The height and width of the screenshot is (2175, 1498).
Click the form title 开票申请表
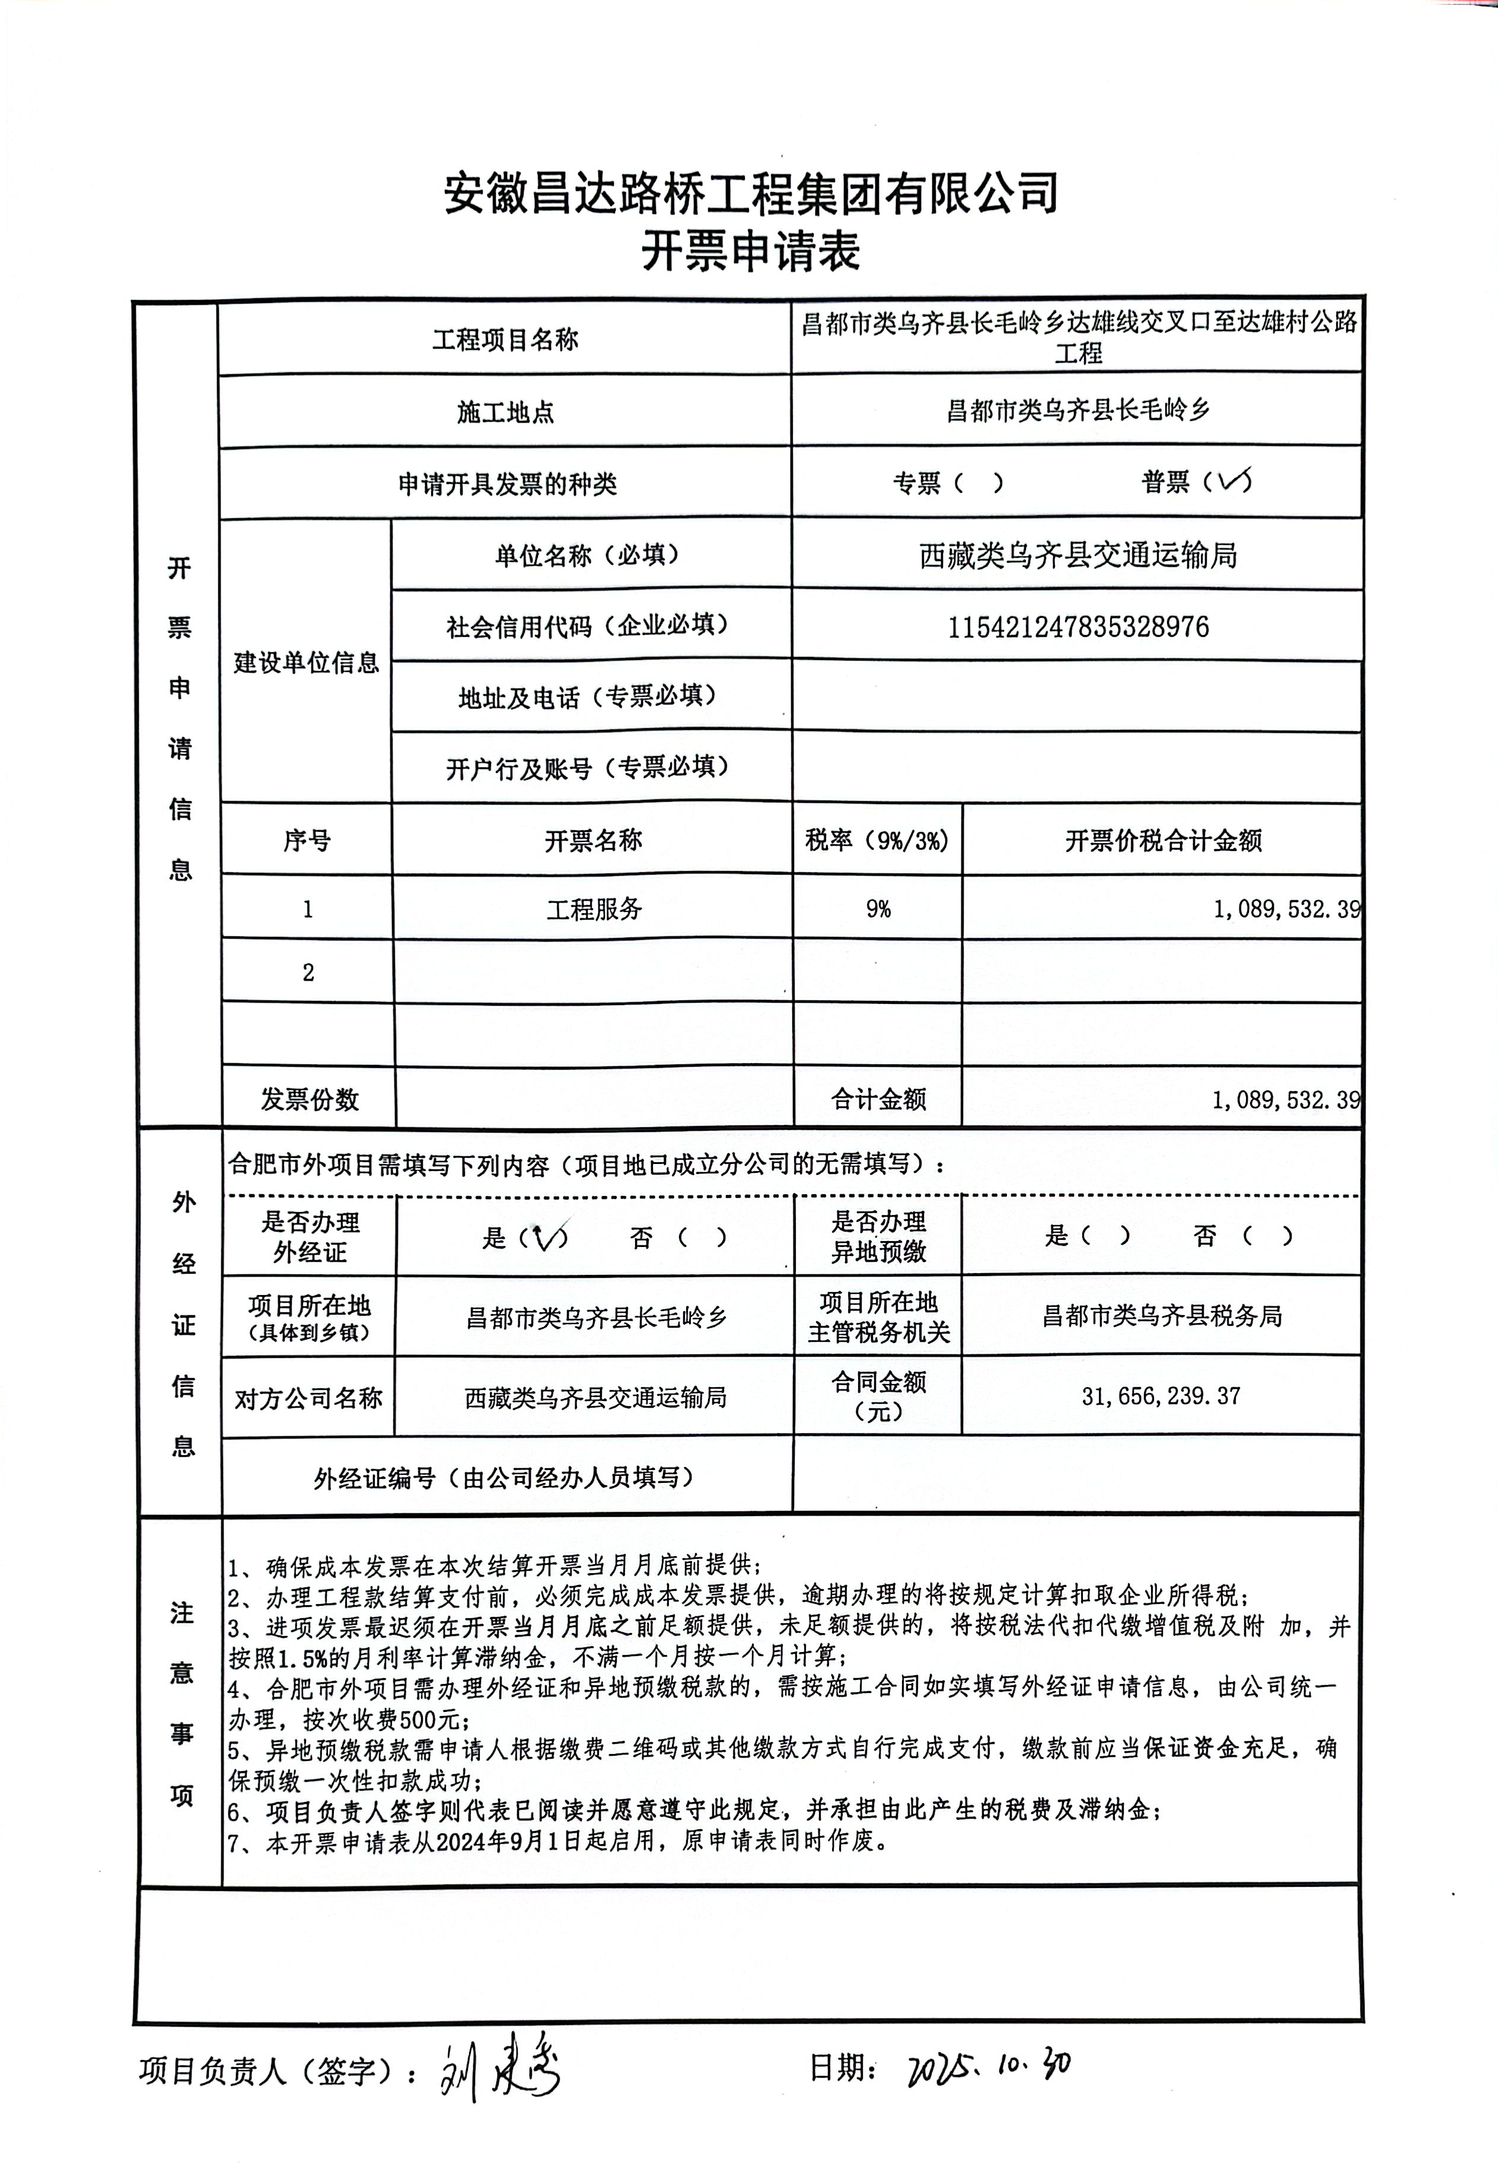[750, 251]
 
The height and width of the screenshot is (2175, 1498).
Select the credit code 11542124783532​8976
[1078, 627]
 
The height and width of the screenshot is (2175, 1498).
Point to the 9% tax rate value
[878, 908]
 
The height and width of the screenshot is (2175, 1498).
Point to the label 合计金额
[878, 1099]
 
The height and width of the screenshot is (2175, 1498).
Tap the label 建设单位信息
[306, 662]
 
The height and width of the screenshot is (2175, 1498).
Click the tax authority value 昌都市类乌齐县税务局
[1161, 1316]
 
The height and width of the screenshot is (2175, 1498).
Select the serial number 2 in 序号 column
[308, 972]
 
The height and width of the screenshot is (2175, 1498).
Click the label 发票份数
[309, 1099]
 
